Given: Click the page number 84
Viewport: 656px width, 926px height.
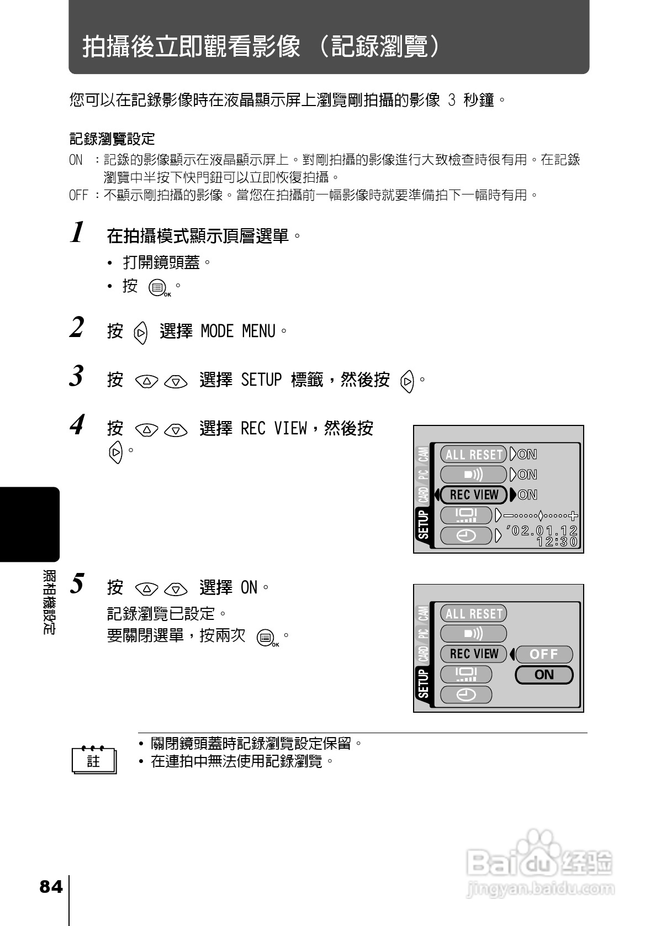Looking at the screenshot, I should (51, 887).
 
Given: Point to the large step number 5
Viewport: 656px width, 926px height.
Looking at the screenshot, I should (77, 583).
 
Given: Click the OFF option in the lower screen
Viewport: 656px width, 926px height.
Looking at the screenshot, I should (544, 654).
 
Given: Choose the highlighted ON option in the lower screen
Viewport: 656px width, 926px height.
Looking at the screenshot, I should (544, 675).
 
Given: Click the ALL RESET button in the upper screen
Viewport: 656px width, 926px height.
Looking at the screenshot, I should (474, 454).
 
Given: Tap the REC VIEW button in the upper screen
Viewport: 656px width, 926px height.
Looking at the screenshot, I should (474, 494).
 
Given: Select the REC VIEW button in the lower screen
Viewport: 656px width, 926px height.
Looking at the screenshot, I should (473, 654).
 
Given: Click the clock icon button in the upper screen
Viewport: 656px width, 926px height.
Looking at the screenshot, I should (466, 535).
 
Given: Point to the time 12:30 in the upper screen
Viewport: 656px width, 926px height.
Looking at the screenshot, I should (557, 542).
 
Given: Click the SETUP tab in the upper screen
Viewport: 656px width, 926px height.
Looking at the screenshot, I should (424, 524).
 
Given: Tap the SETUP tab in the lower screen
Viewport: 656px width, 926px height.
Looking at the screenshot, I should (424, 683).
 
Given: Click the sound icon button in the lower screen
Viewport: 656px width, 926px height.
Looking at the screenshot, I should (473, 634).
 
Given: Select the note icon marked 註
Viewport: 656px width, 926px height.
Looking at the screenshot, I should (94, 761).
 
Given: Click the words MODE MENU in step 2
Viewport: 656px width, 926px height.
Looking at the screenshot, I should (238, 332).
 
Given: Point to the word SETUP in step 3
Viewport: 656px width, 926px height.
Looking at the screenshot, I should (261, 380).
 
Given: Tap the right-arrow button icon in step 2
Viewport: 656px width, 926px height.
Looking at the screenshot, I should (141, 333).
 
